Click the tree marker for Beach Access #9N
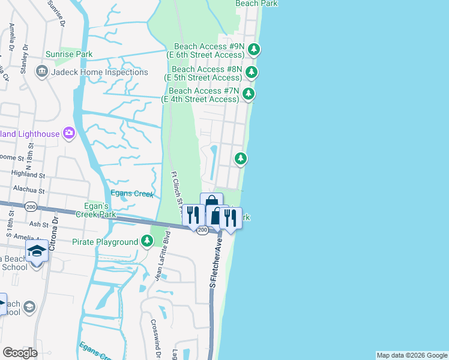[255, 49]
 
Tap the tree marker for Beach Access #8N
[252, 73]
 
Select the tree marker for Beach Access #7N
[248, 94]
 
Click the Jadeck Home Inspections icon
[42, 72]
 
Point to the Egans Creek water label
[132, 194]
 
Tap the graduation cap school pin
[37, 251]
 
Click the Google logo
[20, 353]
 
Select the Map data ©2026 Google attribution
[411, 355]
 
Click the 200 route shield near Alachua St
[30, 206]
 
